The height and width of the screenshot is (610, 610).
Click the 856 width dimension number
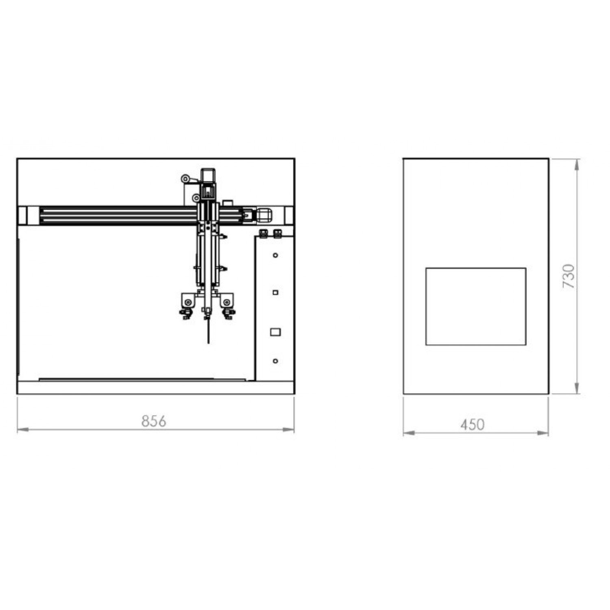coord(154,421)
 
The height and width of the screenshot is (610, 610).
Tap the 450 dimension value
coord(473,425)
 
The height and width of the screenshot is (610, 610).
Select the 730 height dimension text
coord(569,277)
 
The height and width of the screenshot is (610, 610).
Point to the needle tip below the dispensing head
coord(208,343)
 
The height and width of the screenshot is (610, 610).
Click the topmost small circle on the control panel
coord(275,255)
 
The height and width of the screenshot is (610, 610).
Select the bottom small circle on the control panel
coord(275,361)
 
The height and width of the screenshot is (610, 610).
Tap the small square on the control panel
coord(275,292)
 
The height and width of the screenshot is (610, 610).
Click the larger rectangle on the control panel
coord(275,332)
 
